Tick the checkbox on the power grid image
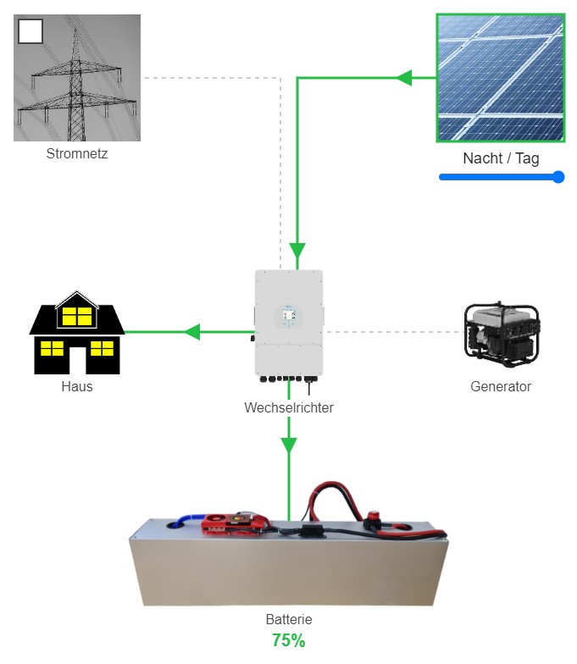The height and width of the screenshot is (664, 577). pyautogui.click(x=30, y=31)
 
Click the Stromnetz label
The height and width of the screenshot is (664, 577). pyautogui.click(x=77, y=154)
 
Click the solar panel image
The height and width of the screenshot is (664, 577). pyautogui.click(x=500, y=77)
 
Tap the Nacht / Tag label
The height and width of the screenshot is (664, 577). pyautogui.click(x=501, y=158)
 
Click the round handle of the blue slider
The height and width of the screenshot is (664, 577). pyautogui.click(x=558, y=177)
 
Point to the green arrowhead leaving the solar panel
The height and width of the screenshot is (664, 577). pyautogui.click(x=403, y=78)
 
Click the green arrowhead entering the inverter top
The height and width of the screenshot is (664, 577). pyautogui.click(x=297, y=251)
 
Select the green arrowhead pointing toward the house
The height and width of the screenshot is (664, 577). pyautogui.click(x=192, y=331)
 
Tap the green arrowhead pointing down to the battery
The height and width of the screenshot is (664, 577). pyautogui.click(x=289, y=444)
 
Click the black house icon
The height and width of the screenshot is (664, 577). pyautogui.click(x=77, y=335)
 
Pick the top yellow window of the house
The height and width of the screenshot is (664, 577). pyautogui.click(x=77, y=316)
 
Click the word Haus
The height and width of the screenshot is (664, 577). pyautogui.click(x=77, y=386)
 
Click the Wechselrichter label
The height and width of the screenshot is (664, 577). pyautogui.click(x=289, y=407)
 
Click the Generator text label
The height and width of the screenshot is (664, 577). pyautogui.click(x=500, y=386)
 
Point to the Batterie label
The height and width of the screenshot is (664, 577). pyautogui.click(x=289, y=619)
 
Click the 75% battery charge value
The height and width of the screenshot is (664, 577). pyautogui.click(x=289, y=640)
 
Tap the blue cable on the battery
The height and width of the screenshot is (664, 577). pyautogui.click(x=190, y=519)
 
